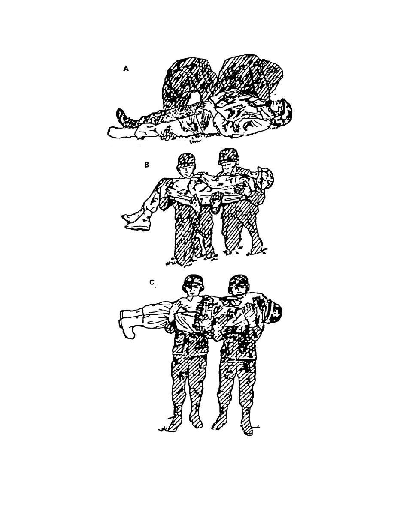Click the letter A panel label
coord(126,69)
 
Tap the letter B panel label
coord(147,165)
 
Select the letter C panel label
coord(152,282)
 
